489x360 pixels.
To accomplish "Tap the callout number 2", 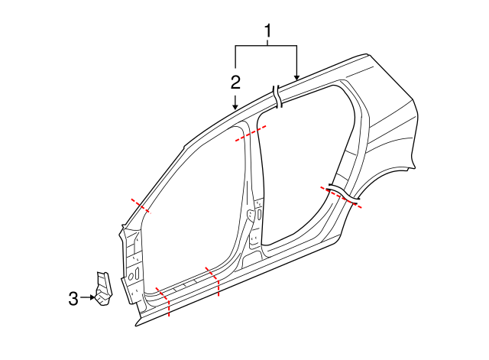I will pos(236,82).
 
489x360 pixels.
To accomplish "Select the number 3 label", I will pos(73,299).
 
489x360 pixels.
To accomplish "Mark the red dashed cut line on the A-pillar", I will pos(140,206).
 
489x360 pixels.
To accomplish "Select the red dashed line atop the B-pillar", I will pos(251,134).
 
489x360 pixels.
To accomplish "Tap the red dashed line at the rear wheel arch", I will pos(341,196).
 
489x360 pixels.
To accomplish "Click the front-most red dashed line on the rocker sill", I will pos(162,300).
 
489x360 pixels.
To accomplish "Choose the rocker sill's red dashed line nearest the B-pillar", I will pos(213,281).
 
